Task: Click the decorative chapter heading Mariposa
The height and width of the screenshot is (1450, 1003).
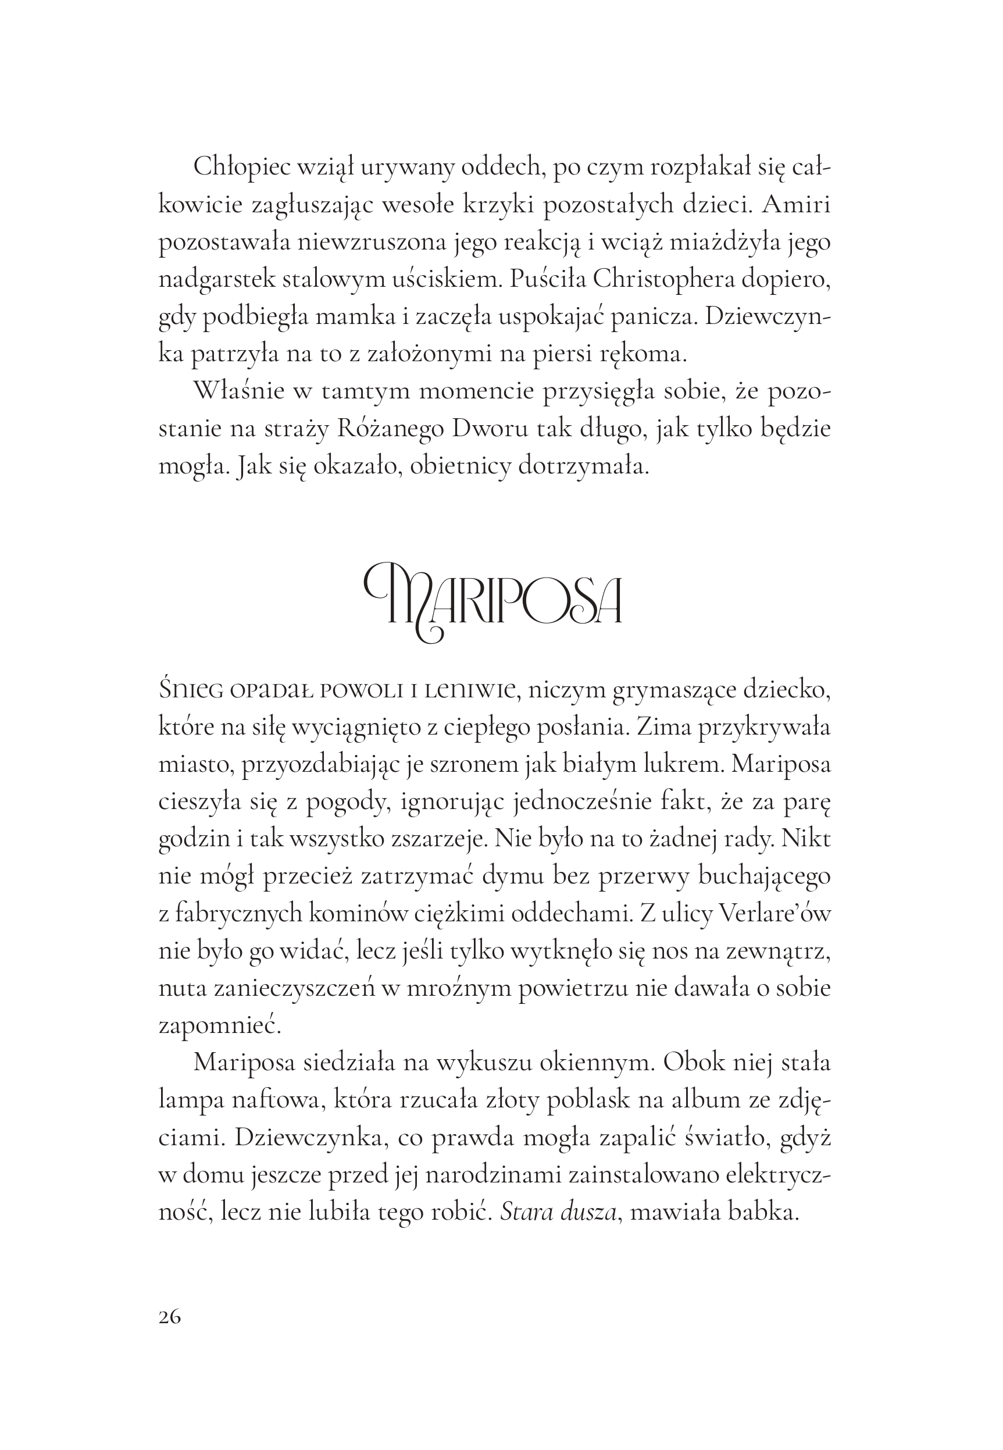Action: pos(493,601)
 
